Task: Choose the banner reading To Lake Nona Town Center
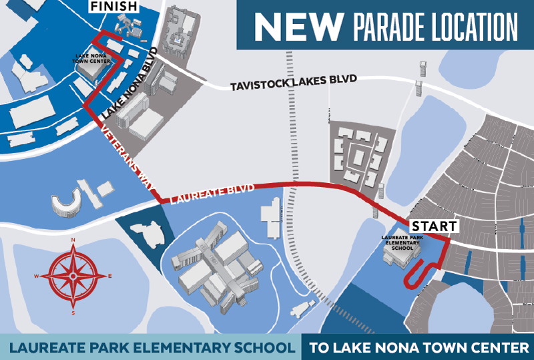pyautogui.click(x=418, y=347)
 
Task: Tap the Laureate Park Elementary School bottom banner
pyautogui.click(x=150, y=347)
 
